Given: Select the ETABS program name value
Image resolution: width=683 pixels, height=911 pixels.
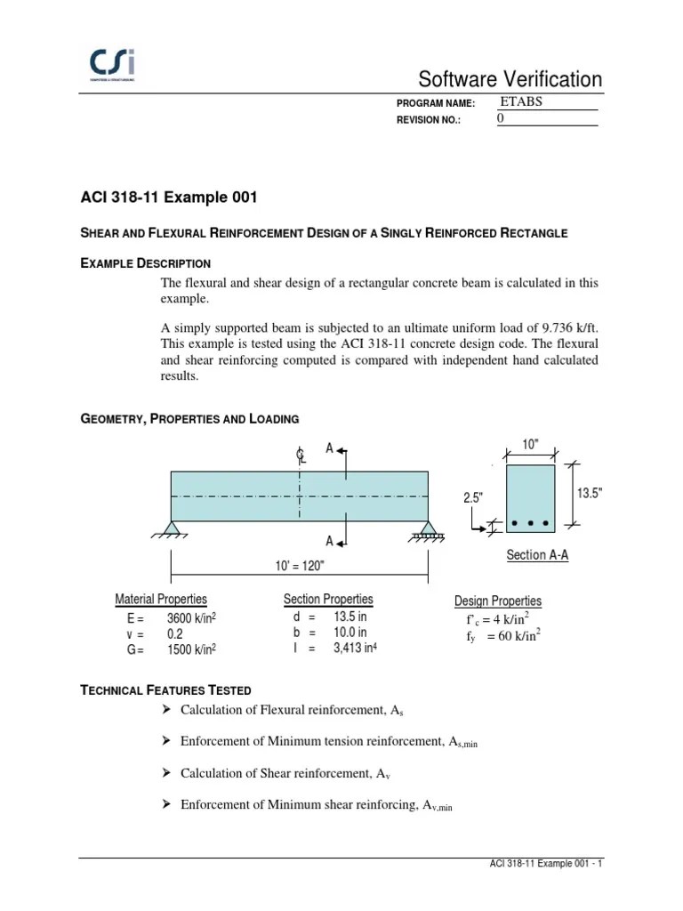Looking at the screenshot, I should click(x=521, y=101).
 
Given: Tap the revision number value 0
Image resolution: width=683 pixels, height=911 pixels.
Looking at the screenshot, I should click(x=500, y=118).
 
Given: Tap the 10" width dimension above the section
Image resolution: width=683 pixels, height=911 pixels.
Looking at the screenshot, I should click(x=530, y=445).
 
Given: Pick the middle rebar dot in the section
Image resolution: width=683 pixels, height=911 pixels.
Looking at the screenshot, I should click(x=531, y=523).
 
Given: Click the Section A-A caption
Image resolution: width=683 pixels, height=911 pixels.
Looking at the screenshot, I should click(x=537, y=555).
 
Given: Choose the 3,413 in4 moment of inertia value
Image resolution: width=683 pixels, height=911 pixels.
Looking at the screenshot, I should click(x=355, y=649).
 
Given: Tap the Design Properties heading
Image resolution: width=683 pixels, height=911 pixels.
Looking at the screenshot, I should click(x=498, y=601).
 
